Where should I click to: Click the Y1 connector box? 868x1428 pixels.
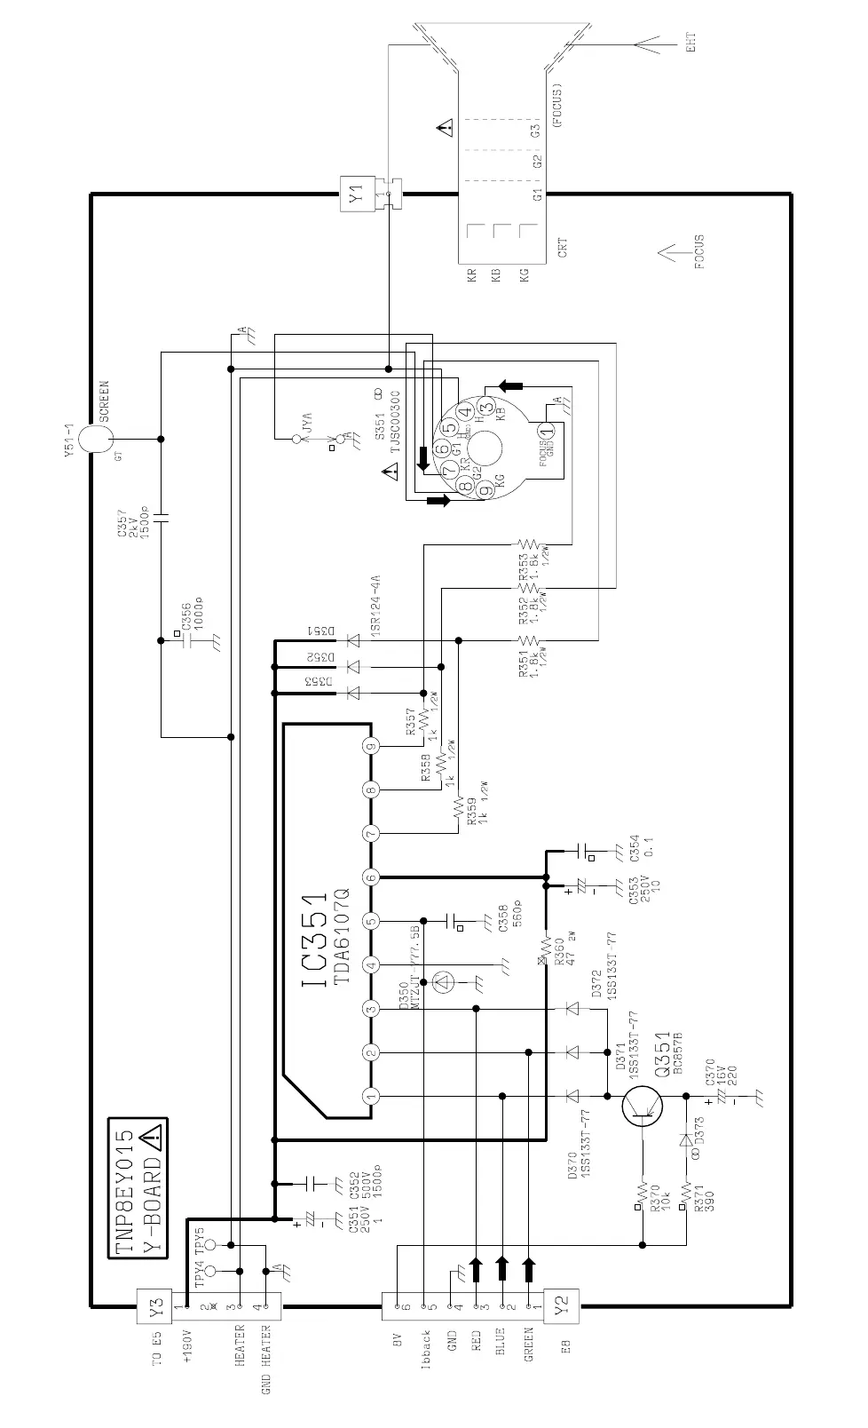[x=355, y=194]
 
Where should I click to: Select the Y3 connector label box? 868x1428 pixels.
[x=158, y=1306]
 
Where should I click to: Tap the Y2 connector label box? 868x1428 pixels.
[x=561, y=1306]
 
